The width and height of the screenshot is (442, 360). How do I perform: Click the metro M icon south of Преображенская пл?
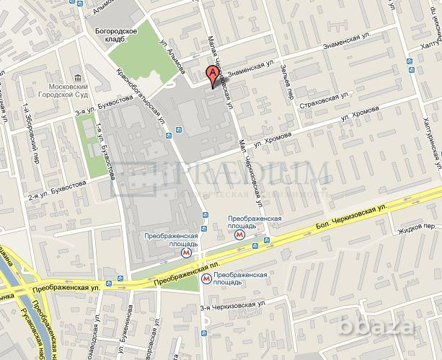point(206,277)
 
